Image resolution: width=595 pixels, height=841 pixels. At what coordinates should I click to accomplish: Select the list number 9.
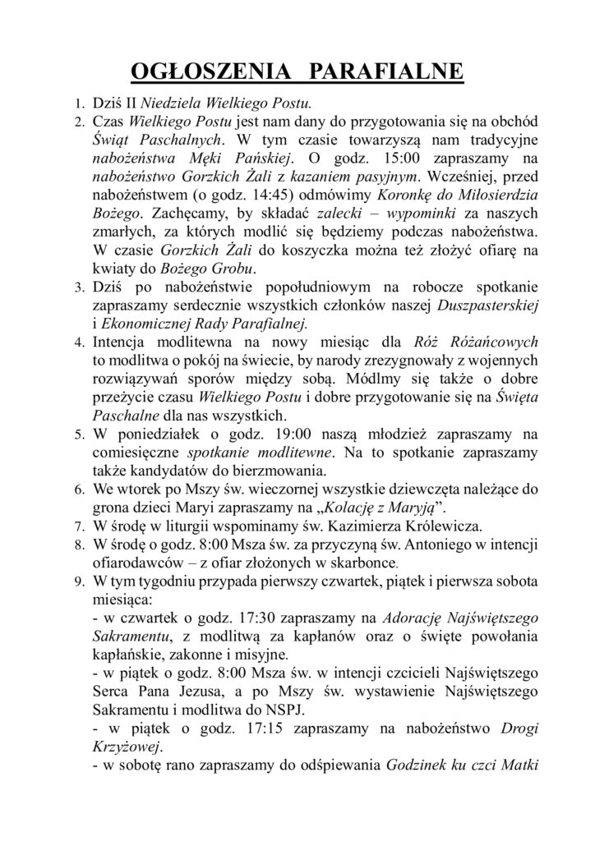(x=78, y=586)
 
